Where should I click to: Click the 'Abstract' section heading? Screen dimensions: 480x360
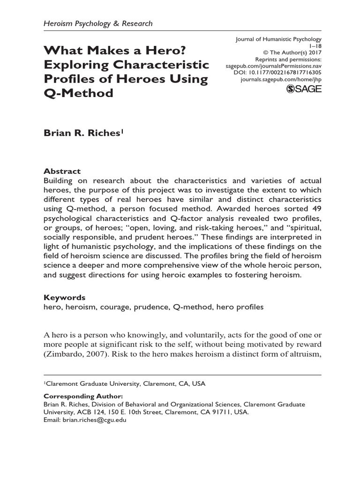pyautogui.click(x=62, y=171)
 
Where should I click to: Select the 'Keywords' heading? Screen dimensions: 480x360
pyautogui.click(x=64, y=298)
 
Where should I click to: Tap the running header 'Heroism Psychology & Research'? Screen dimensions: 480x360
pyautogui.click(x=98, y=23)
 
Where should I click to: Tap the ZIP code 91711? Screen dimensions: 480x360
pyautogui.click(x=215, y=412)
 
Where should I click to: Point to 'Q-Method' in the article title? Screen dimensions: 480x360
pyautogui.click(x=79, y=93)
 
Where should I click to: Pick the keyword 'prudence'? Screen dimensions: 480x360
pyautogui.click(x=153, y=307)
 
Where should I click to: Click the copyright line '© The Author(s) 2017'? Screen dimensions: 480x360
pyautogui.click(x=290, y=53)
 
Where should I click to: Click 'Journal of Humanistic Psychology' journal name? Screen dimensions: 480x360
pyautogui.click(x=278, y=40)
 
